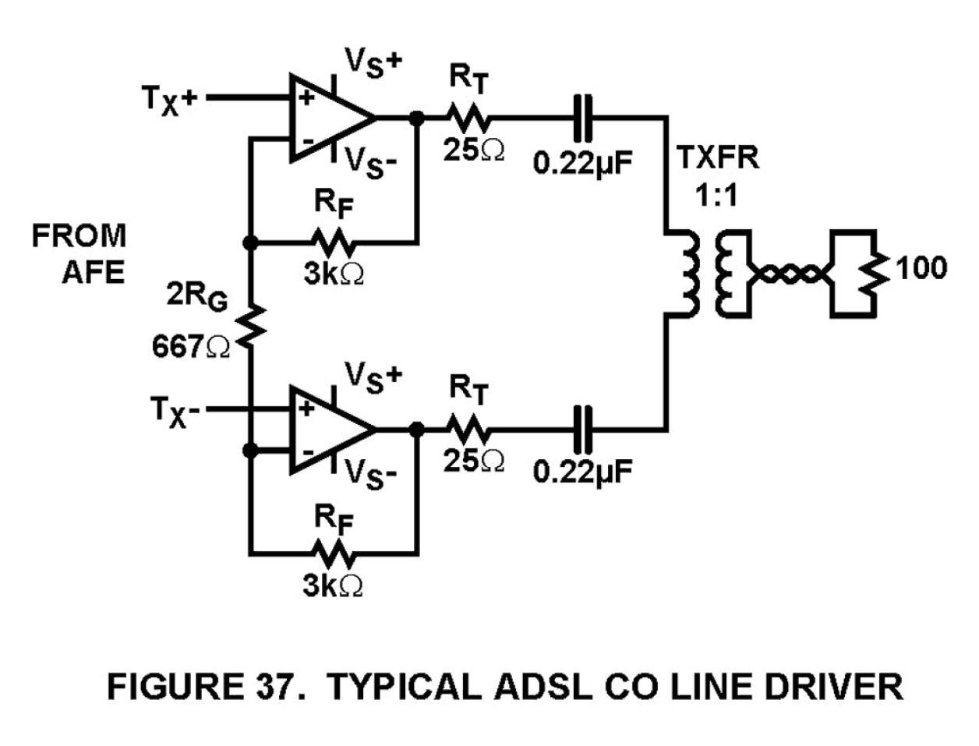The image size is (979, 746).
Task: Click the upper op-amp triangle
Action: [327, 118]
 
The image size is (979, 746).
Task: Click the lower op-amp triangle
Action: [327, 430]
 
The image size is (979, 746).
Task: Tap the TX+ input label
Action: [169, 99]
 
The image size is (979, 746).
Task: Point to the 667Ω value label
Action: [190, 347]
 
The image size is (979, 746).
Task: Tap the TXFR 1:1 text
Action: [716, 175]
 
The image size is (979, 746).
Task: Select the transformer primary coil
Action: [687, 273]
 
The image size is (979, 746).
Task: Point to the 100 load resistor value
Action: [921, 268]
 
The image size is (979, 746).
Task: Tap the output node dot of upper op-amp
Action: [417, 118]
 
